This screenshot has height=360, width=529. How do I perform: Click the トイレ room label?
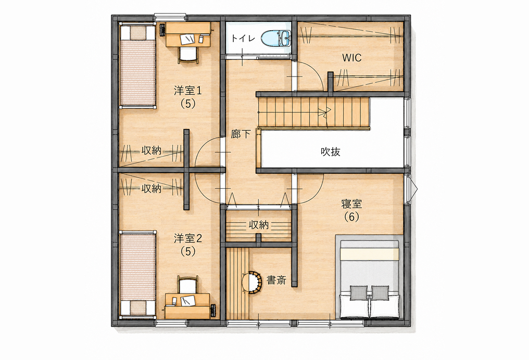coord(243,38)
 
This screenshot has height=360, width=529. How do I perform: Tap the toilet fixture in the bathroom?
coord(275,38)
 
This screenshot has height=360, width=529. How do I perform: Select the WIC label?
coord(352,58)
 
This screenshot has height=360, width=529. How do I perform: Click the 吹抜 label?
coord(330,152)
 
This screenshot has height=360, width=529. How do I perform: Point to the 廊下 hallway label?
coord(241,134)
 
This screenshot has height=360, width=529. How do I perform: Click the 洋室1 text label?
coord(187,91)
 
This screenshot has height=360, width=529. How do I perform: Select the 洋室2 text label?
coord(187,239)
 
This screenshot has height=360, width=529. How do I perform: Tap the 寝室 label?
coord(351,204)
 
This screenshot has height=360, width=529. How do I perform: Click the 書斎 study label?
coord(276,280)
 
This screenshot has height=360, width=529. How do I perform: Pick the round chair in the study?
coord(253,282)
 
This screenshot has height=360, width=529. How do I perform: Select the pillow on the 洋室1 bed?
coord(138,33)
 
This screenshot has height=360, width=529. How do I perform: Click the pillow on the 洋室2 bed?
coord(138,308)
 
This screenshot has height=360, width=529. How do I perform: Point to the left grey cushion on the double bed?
coord(358,293)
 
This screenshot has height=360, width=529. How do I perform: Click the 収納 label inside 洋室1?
coord(152,151)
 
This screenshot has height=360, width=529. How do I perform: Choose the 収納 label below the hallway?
coord(259,225)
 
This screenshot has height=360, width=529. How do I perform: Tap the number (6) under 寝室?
coord(351,217)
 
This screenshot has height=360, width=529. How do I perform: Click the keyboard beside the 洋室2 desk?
coord(213,311)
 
